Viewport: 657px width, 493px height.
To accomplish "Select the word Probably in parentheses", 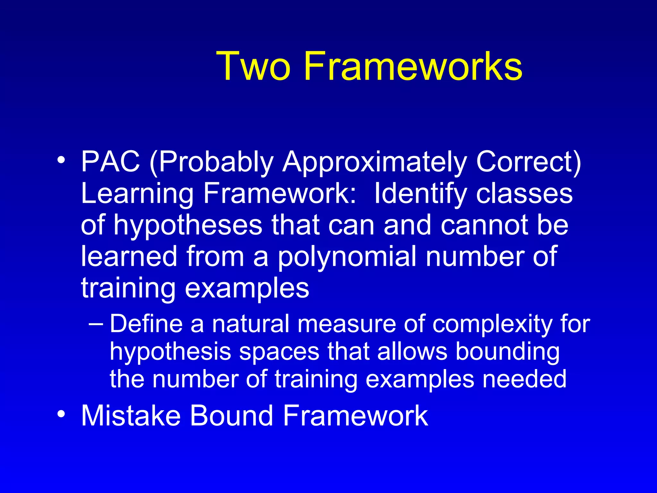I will [x=212, y=162].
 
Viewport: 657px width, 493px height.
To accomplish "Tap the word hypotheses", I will [x=188, y=226].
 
